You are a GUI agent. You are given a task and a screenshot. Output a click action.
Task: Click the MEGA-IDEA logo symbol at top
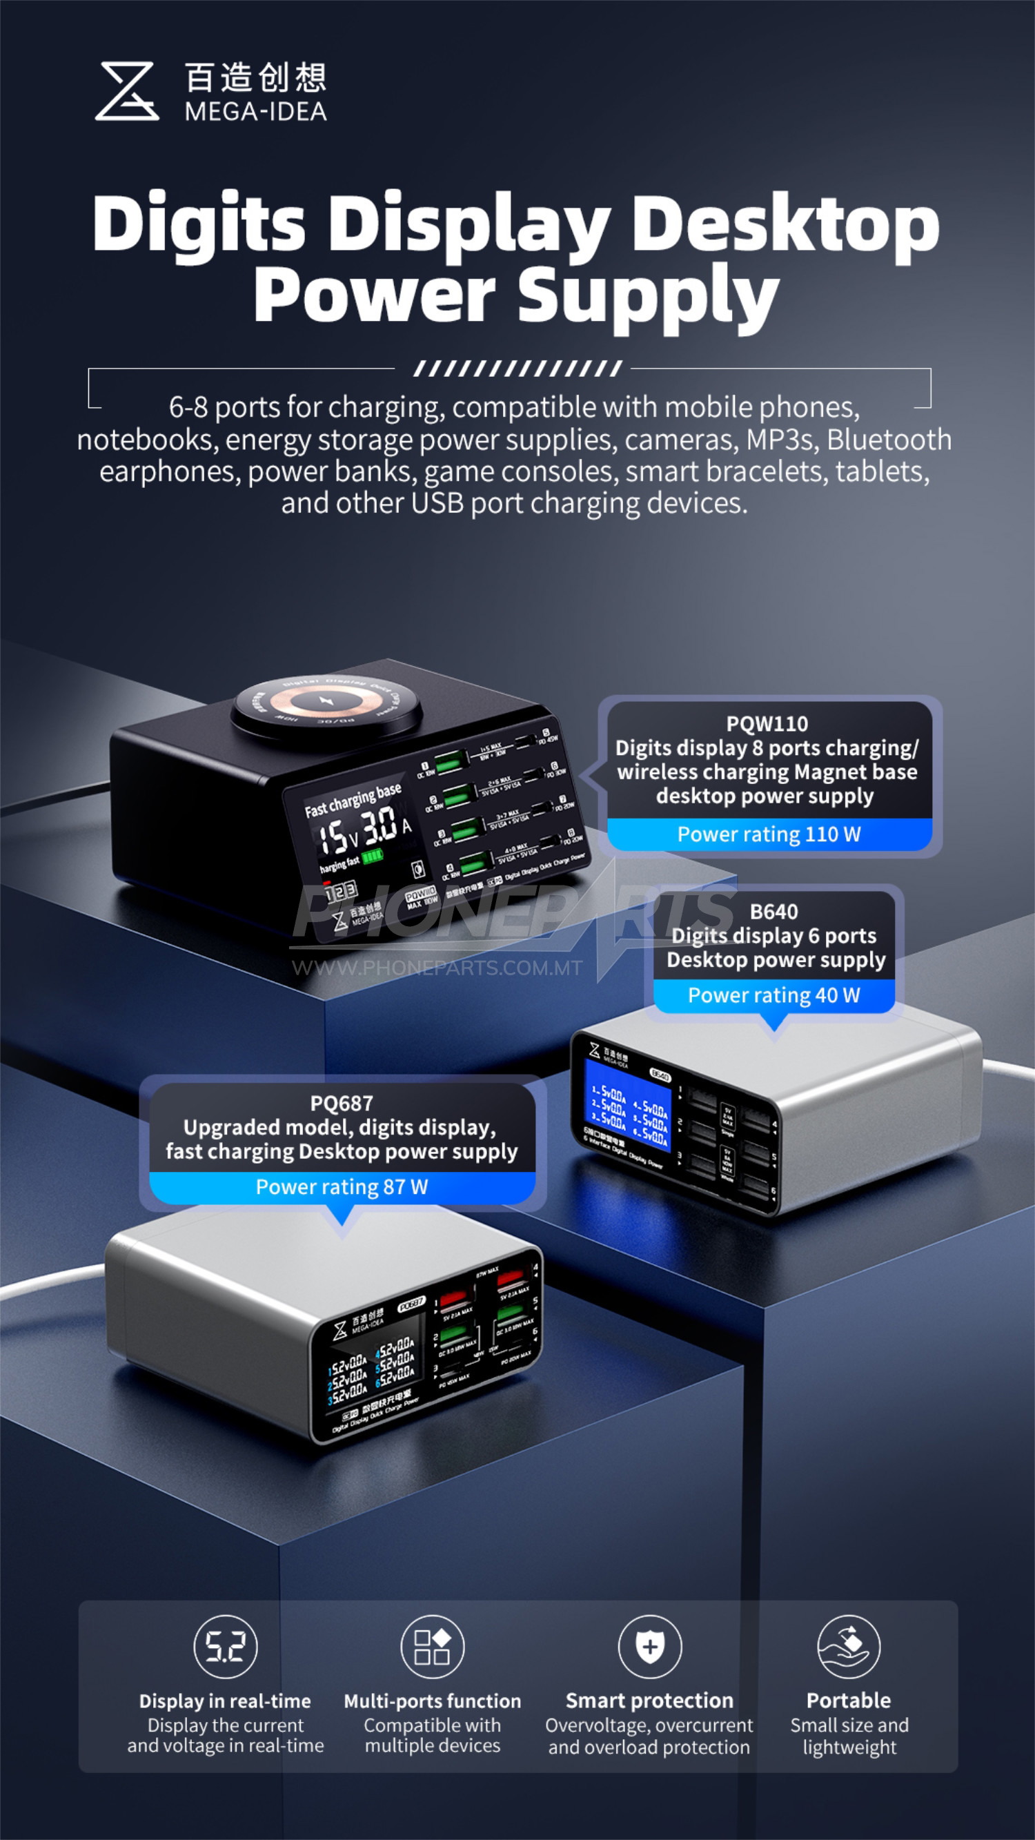(127, 91)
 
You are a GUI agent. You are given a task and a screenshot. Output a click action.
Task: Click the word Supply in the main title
(648, 295)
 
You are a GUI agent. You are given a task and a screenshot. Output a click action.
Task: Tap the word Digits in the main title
(199, 224)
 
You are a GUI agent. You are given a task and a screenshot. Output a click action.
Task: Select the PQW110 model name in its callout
(767, 723)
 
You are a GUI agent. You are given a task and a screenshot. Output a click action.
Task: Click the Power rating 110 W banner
(769, 834)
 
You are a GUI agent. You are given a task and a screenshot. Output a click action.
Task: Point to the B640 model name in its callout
(773, 912)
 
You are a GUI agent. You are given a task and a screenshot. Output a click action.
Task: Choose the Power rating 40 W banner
(773, 995)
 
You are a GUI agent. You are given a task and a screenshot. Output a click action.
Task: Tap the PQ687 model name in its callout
(342, 1103)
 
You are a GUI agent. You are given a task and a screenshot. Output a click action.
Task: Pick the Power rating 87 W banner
(342, 1186)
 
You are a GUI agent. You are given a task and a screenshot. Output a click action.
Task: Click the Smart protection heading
(649, 1700)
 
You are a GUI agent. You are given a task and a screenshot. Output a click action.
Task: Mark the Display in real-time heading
(225, 1701)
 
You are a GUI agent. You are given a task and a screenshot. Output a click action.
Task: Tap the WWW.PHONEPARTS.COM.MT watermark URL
(437, 968)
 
